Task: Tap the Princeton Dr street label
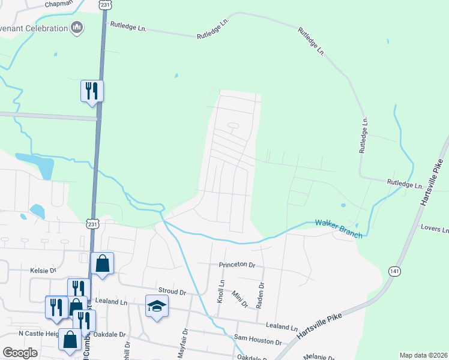(x=235, y=265)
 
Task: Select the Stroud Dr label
(x=172, y=292)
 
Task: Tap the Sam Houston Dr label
(x=258, y=341)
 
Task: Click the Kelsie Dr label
(x=43, y=271)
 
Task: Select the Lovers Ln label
(x=435, y=229)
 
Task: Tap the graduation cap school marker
(x=157, y=306)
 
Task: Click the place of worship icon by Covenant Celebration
(x=76, y=28)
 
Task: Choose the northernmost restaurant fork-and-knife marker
(x=92, y=91)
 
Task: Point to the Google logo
(x=20, y=353)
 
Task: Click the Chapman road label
(x=59, y=4)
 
